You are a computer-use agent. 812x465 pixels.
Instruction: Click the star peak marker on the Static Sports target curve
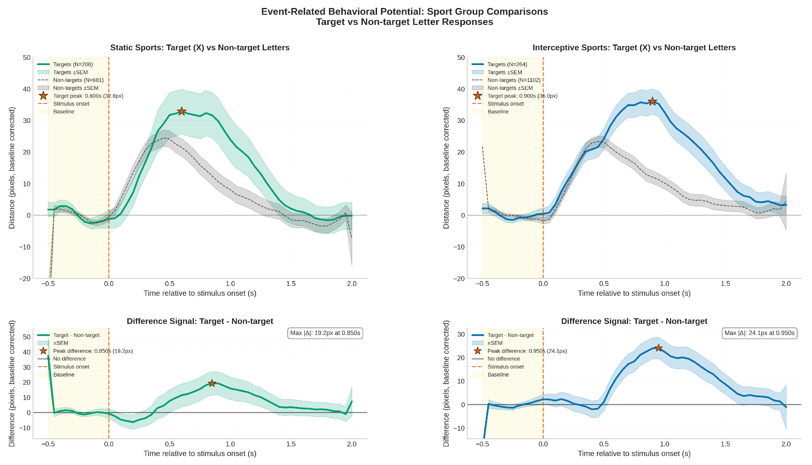pos(181,111)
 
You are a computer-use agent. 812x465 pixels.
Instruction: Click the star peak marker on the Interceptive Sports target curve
pos(652,102)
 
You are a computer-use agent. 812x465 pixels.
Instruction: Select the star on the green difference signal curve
pos(212,383)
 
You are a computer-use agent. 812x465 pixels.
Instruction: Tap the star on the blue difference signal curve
pos(658,348)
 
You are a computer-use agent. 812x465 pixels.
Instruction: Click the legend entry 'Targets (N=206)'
pos(73,64)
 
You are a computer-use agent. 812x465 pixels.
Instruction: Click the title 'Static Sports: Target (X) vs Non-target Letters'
pos(200,48)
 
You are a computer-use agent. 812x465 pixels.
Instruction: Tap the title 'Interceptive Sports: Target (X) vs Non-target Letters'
pos(634,48)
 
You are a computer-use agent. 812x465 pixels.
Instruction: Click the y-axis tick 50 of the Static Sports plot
pos(27,58)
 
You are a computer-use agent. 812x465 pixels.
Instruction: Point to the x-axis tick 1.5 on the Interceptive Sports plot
pos(725,283)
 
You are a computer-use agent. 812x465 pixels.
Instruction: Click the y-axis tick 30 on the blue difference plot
pos(461,334)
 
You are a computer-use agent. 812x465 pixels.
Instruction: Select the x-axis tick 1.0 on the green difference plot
pos(230,444)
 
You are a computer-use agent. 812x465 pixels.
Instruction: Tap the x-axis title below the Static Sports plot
pos(200,293)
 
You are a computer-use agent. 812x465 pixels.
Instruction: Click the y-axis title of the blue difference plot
pos(446,383)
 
